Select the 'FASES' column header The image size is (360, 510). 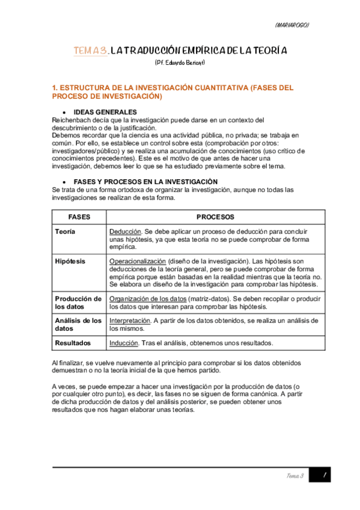pos(79,217)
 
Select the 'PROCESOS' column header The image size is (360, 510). pos(215,217)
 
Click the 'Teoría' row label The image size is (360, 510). pos(65,232)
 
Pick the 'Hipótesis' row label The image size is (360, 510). pos(69,262)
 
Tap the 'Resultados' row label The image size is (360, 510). pos(73,343)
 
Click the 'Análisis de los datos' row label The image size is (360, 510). pos(78,325)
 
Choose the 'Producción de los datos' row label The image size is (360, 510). pos(78,303)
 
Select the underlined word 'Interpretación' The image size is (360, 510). pos(129,321)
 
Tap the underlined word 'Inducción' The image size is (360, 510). pos(124,343)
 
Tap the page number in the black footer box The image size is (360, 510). pos(323,476)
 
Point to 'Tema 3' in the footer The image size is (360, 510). pos(294,476)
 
